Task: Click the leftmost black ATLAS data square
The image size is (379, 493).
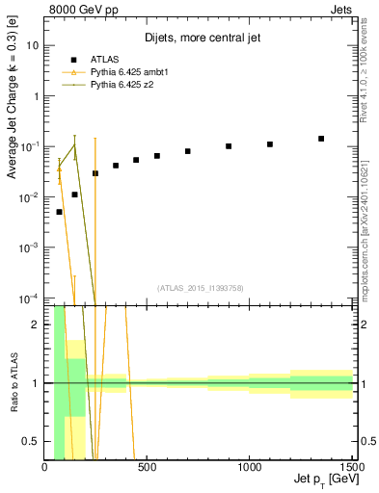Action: pyautogui.click(x=60, y=212)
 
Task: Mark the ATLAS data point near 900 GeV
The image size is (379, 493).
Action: pyautogui.click(x=229, y=146)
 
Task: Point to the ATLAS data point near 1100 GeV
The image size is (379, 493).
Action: pyautogui.click(x=270, y=144)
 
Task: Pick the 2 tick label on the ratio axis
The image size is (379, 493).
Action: pyautogui.click(x=37, y=324)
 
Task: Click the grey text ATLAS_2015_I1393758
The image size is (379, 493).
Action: pyautogui.click(x=200, y=287)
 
